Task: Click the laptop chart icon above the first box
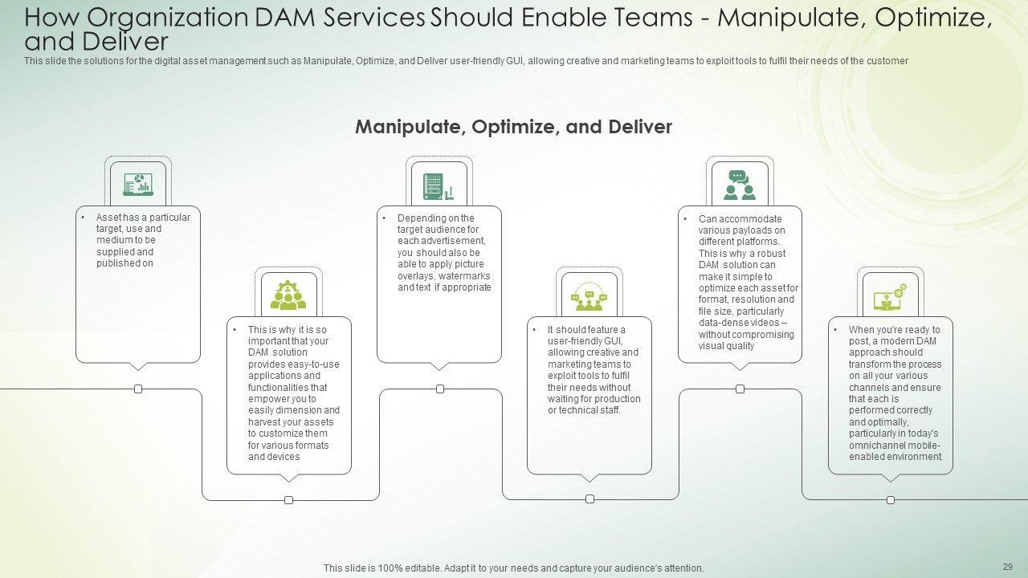[x=138, y=184]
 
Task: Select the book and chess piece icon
[x=439, y=186]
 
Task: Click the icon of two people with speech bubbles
[x=740, y=185]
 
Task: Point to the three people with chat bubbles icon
[x=589, y=297]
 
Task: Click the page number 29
[x=1008, y=567]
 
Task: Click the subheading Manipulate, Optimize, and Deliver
[x=513, y=127]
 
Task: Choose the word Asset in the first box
[x=108, y=218]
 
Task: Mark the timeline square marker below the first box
[x=138, y=389]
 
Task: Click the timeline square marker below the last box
[x=891, y=500]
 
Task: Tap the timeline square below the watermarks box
[x=440, y=389]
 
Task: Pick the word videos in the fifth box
[x=765, y=323]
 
